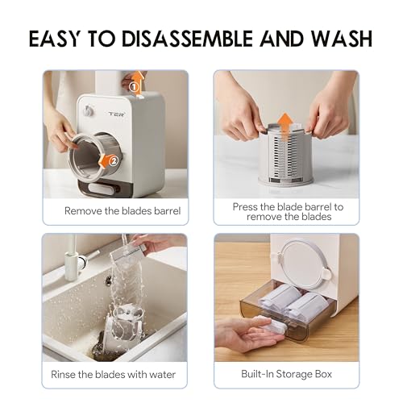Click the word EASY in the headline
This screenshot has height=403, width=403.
(61, 39)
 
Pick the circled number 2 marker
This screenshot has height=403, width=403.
(114, 160)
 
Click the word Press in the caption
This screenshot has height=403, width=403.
(247, 206)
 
